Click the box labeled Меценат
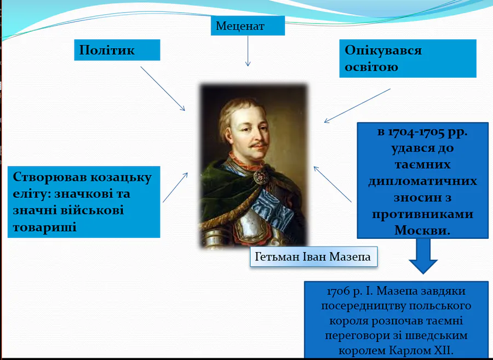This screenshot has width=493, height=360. pos(248,26)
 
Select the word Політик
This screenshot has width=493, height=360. pos(107,50)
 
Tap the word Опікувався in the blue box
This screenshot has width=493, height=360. pos(383,50)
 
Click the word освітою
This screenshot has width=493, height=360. pos(371,67)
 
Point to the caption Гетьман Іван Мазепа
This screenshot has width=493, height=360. pos(313,257)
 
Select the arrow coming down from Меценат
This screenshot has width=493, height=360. pos(248,51)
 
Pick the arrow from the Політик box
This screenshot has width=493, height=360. pos(163,88)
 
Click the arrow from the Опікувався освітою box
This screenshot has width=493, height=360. pos(357,106)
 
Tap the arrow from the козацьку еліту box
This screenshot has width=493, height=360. pos(175,187)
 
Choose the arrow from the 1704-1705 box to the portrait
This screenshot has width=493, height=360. pos(333,184)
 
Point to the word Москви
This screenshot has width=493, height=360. pos(422,231)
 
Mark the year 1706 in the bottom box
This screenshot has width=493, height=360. pos(339,292)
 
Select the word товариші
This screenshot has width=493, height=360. pos(45,227)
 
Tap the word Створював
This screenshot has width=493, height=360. pos(50,178)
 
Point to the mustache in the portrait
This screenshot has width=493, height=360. pos(259,145)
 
